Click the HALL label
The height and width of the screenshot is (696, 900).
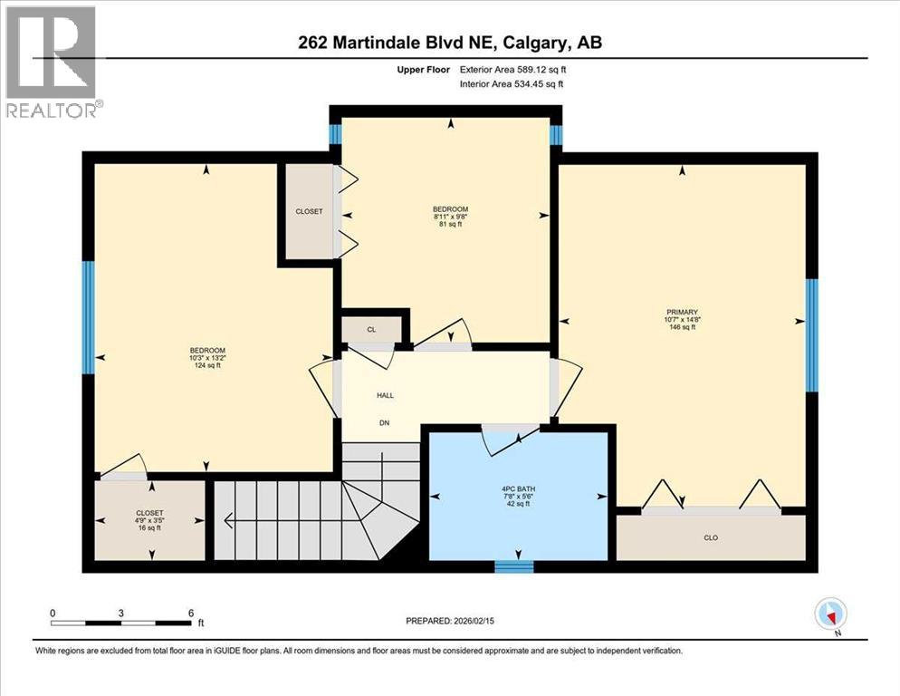(x=385, y=395)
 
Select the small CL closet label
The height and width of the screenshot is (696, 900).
(x=371, y=330)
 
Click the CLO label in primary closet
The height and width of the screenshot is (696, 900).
(x=711, y=538)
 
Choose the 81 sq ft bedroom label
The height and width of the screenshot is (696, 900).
(x=450, y=225)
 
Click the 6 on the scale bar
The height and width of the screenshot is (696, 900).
(x=191, y=614)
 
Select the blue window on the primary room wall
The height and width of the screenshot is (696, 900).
(x=812, y=334)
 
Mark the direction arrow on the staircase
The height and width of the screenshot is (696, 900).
(x=228, y=521)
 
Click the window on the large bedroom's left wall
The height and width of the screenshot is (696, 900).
(x=88, y=317)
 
